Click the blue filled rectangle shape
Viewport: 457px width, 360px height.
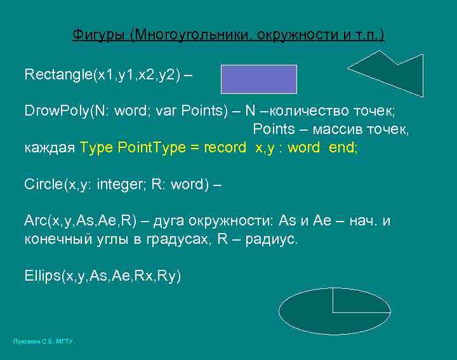(259, 79)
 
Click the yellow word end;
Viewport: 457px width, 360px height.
(343, 148)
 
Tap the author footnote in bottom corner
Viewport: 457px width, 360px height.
(43, 342)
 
